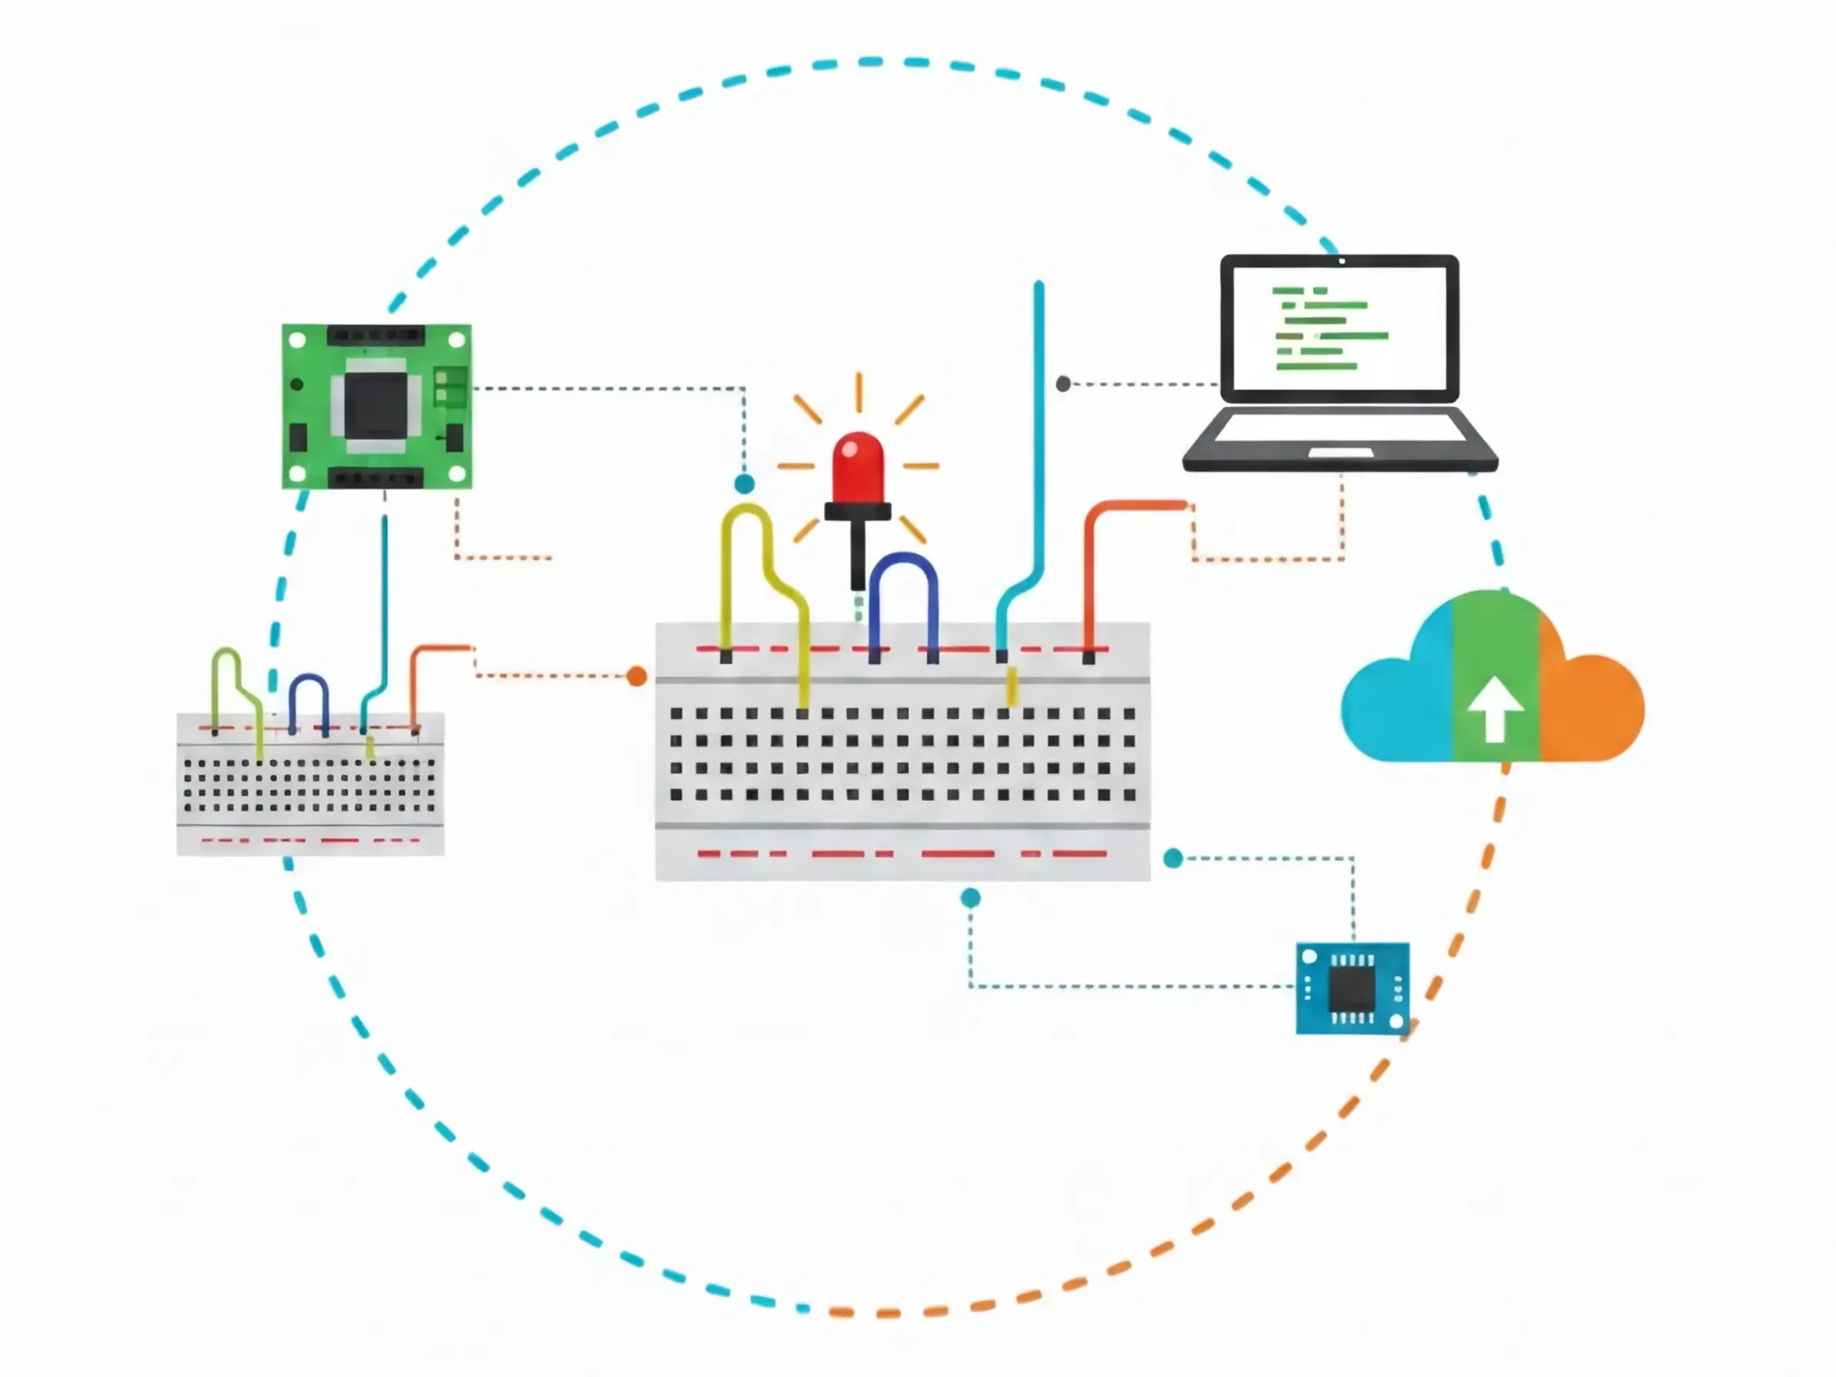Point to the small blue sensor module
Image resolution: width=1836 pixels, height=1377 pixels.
pos(1352,988)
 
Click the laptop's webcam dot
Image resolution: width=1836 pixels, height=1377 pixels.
pos(1342,262)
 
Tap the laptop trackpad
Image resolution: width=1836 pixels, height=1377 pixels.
pos(1340,452)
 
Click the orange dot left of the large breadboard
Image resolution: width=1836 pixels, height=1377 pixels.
pos(636,675)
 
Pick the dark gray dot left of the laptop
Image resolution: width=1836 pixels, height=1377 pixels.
pos(1063,383)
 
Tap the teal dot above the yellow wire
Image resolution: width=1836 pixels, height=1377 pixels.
pos(744,484)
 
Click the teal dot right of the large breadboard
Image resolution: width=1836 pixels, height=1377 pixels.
pos(1173,858)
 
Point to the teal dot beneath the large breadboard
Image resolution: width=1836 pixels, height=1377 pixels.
pos(970,897)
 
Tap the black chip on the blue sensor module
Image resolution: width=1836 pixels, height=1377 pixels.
pos(1352,988)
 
